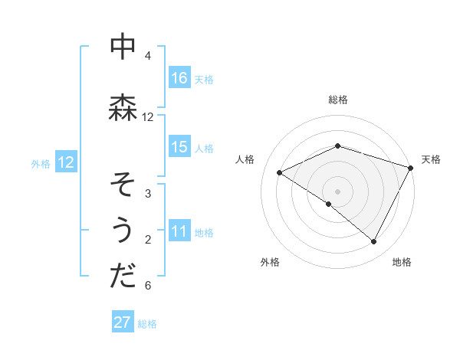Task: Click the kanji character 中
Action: click(123, 47)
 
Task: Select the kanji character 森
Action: click(123, 108)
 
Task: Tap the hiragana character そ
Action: click(123, 185)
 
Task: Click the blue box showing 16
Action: click(179, 78)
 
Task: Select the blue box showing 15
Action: click(179, 147)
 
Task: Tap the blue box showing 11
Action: click(179, 232)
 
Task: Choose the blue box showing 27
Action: click(123, 322)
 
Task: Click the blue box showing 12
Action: click(65, 162)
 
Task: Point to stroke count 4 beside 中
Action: click(148, 56)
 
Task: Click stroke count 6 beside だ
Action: click(148, 286)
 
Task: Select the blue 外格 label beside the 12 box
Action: click(40, 163)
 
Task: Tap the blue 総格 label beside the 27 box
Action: click(147, 324)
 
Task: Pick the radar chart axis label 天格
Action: click(431, 159)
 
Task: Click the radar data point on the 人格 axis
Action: click(280, 172)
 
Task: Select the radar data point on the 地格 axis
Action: click(374, 242)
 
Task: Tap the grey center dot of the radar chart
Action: click(337, 190)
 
